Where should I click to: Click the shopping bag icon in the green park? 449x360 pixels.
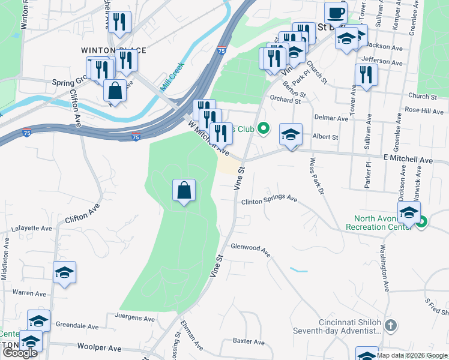point(184,191)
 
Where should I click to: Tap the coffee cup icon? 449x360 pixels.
point(336,13)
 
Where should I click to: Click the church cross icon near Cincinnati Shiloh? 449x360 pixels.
point(390,326)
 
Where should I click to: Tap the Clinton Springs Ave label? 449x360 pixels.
point(270,199)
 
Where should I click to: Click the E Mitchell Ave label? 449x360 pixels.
point(408,161)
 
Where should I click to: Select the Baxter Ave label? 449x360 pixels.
point(249,342)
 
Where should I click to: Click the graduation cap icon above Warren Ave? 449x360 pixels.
point(64,272)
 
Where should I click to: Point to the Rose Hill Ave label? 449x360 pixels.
point(424,110)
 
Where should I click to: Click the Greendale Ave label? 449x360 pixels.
point(76,326)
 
